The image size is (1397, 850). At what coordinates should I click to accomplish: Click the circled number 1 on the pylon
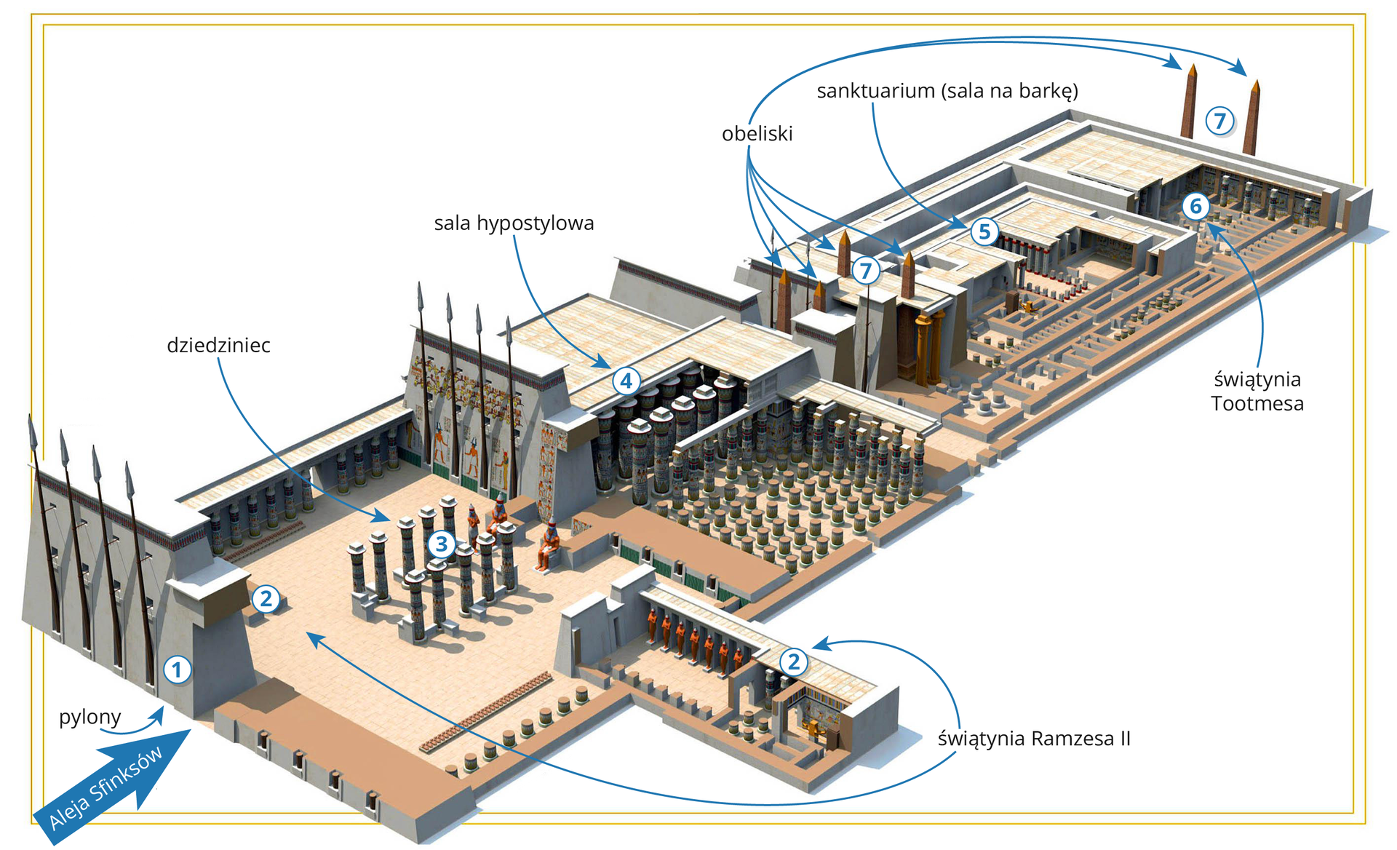tap(177, 670)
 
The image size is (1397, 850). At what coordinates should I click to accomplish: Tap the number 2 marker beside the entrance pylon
tap(266, 599)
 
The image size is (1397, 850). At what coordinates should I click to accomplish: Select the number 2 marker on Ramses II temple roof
tap(794, 662)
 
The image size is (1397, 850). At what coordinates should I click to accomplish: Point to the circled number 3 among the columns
tap(442, 544)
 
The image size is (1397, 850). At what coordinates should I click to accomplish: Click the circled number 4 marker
tap(626, 381)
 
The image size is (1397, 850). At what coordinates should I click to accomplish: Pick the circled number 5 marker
tap(984, 231)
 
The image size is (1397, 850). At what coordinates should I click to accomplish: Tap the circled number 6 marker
tap(1195, 206)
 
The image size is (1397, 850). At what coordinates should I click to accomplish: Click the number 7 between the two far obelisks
tap(1219, 121)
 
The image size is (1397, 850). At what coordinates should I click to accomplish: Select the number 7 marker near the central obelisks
tap(865, 271)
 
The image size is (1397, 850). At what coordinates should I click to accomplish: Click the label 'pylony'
tap(89, 718)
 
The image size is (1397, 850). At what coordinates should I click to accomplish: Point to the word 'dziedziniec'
tap(218, 345)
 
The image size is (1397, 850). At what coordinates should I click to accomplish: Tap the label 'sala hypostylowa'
tap(514, 223)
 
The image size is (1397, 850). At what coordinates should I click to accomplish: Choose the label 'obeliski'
tap(757, 134)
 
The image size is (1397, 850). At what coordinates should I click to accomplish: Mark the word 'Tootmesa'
tap(1257, 403)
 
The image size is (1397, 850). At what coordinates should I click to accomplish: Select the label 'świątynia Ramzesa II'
tap(1033, 739)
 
